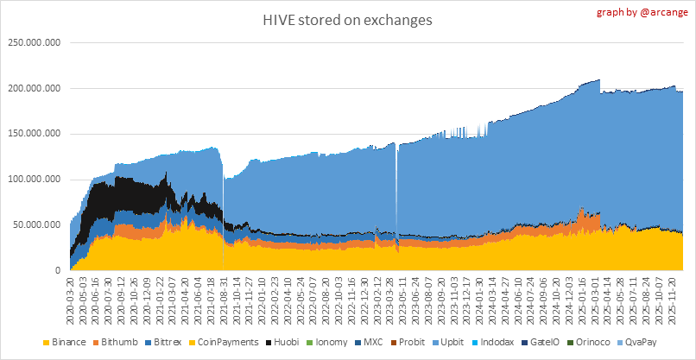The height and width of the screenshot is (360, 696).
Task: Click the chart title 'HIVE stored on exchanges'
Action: point(349,19)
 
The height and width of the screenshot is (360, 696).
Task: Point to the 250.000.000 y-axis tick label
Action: point(34,42)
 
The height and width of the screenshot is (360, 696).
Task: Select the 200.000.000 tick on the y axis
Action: point(34,88)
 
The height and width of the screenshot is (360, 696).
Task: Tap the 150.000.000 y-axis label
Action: point(34,134)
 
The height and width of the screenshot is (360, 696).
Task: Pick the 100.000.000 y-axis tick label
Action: point(34,180)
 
